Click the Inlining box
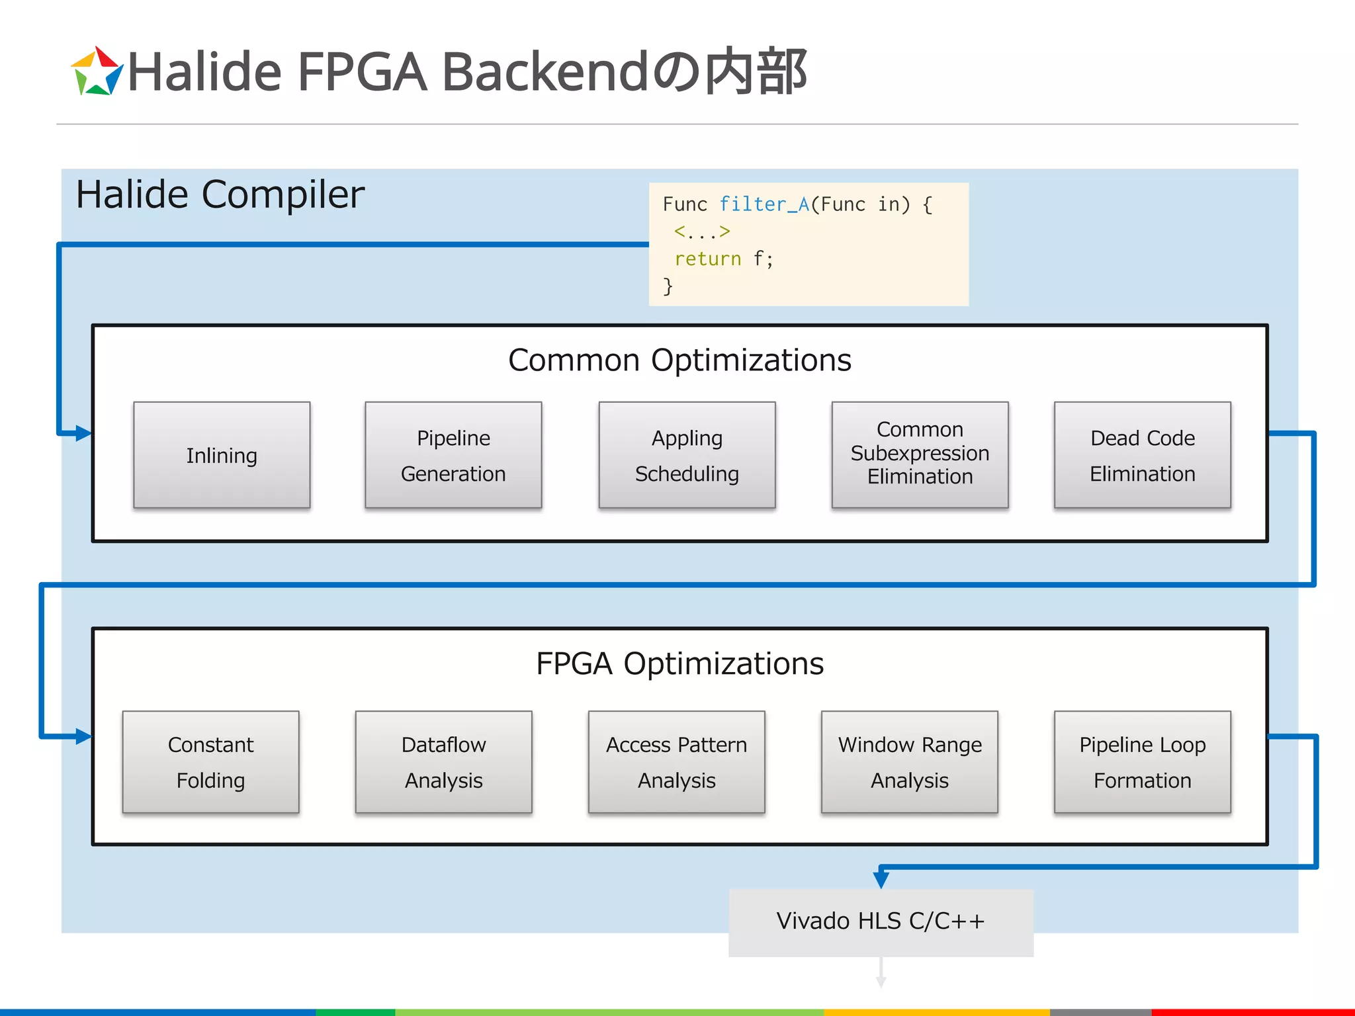222,455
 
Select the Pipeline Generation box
453,455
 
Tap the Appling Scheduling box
687,455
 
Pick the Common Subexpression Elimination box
920,455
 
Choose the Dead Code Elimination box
1142,455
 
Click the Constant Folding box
210,762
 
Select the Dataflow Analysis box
443,762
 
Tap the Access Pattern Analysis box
676,762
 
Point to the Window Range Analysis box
909,762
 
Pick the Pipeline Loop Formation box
1142,762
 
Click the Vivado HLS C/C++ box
881,922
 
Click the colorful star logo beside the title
97,71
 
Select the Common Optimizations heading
679,360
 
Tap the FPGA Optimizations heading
679,663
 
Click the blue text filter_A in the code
764,204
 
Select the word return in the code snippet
707,259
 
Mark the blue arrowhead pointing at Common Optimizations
83,433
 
